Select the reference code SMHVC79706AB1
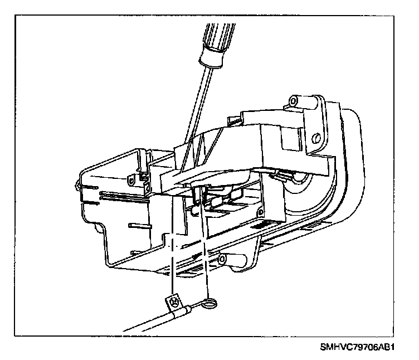(x=357, y=346)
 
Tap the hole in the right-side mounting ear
(x=316, y=137)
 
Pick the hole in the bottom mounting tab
(x=222, y=259)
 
